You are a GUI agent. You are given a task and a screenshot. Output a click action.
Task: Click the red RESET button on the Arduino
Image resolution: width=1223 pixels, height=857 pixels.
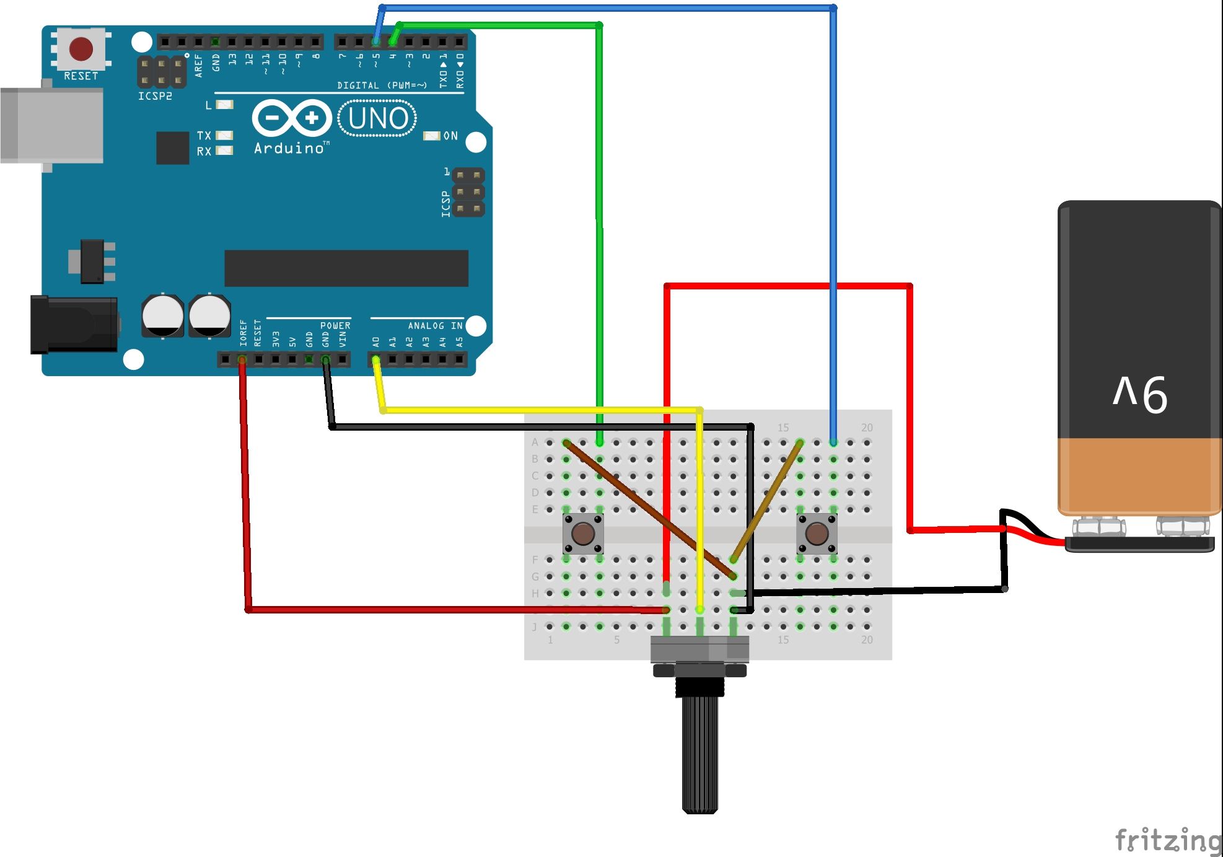tap(81, 49)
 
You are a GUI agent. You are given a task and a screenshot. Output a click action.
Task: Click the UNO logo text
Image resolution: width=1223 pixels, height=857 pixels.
tap(377, 118)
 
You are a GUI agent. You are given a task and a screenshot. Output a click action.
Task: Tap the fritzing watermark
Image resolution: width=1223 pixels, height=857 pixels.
tap(1168, 840)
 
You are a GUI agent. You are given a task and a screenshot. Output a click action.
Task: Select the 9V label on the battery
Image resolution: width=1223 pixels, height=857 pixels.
tap(1140, 394)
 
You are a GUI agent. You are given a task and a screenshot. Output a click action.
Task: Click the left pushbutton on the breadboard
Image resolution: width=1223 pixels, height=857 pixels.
tap(583, 533)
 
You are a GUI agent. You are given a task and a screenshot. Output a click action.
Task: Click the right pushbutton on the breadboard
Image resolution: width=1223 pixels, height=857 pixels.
tap(817, 533)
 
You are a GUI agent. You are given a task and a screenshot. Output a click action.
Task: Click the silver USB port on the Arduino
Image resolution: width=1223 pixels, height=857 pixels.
tap(52, 126)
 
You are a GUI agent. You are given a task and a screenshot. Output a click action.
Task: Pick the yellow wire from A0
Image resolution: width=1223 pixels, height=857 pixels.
tap(539, 410)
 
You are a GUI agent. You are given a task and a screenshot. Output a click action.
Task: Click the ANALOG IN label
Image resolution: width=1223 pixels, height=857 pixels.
tap(435, 326)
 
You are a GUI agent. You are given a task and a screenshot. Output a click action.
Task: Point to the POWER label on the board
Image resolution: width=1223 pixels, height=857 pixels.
tap(335, 326)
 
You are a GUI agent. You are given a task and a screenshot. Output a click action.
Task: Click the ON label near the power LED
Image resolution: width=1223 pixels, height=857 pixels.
tap(450, 136)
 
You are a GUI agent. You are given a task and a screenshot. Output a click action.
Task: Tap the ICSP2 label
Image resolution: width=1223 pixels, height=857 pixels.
tap(155, 96)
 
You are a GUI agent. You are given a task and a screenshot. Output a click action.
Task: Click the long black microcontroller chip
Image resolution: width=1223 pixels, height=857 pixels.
tap(346, 268)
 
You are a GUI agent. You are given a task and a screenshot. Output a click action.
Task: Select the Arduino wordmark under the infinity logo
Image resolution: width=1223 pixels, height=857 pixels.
tap(289, 149)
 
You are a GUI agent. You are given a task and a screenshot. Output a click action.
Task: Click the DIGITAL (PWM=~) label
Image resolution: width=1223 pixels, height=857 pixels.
tap(382, 85)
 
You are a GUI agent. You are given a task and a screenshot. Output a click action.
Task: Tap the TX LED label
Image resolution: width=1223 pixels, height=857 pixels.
tap(204, 135)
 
